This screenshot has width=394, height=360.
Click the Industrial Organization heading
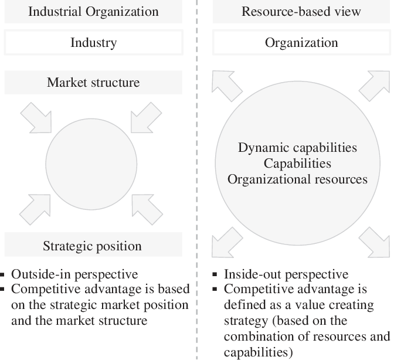coord(93,12)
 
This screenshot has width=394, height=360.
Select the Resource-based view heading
coord(301,12)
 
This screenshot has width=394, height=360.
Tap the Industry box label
coord(93,42)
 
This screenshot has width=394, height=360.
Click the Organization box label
coord(301,43)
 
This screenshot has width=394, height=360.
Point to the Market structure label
coord(93,83)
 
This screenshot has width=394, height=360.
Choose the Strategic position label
coord(92,246)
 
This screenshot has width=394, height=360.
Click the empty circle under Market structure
coord(91,164)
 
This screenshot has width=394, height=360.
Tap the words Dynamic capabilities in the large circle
coord(297,148)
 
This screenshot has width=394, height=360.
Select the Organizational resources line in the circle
coord(297,179)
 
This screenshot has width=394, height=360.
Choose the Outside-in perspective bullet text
coord(74,274)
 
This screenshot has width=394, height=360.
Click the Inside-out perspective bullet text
coord(286,274)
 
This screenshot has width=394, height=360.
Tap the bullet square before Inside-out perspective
coord(215,274)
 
